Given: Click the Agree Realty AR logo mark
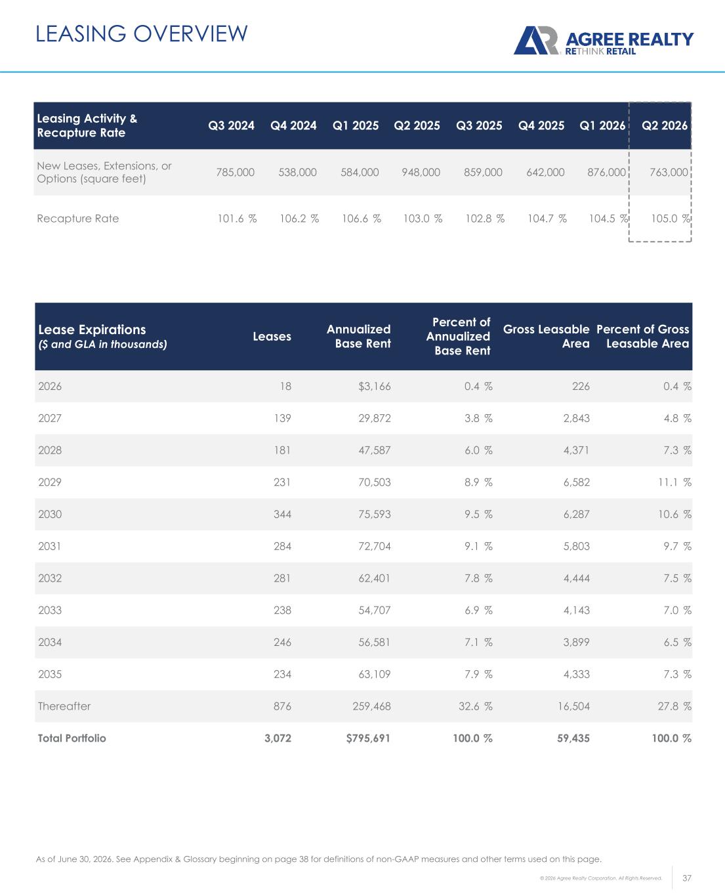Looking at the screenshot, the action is pyautogui.click(x=536, y=41).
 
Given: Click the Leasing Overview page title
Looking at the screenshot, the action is pyautogui.click(x=142, y=33).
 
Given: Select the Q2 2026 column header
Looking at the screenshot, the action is pyautogui.click(x=665, y=125).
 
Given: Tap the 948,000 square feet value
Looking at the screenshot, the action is pyautogui.click(x=421, y=172).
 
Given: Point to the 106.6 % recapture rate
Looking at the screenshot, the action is pyautogui.click(x=362, y=219).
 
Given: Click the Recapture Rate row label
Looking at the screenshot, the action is pyautogui.click(x=78, y=219).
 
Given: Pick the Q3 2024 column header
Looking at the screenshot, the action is pyautogui.click(x=232, y=125).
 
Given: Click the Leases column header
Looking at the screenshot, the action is pyautogui.click(x=272, y=337).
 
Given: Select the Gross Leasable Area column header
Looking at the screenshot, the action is pyautogui.click(x=547, y=337).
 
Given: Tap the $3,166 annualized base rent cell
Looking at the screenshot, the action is pyautogui.click(x=374, y=386).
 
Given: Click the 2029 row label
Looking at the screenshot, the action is pyautogui.click(x=50, y=482).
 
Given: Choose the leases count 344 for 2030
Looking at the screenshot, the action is pyautogui.click(x=282, y=514).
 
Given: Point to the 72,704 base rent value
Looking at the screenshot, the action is pyautogui.click(x=374, y=546).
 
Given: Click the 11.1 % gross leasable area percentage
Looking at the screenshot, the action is pyautogui.click(x=674, y=482).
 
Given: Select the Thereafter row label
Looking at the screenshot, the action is pyautogui.click(x=64, y=706).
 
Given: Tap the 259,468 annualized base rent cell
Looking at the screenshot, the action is pyautogui.click(x=371, y=706).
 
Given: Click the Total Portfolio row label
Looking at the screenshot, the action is pyautogui.click(x=72, y=738).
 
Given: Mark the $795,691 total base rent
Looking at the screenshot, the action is pyautogui.click(x=368, y=738).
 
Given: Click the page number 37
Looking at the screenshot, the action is pyautogui.click(x=687, y=878).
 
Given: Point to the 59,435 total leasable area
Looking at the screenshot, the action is pyautogui.click(x=573, y=738).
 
